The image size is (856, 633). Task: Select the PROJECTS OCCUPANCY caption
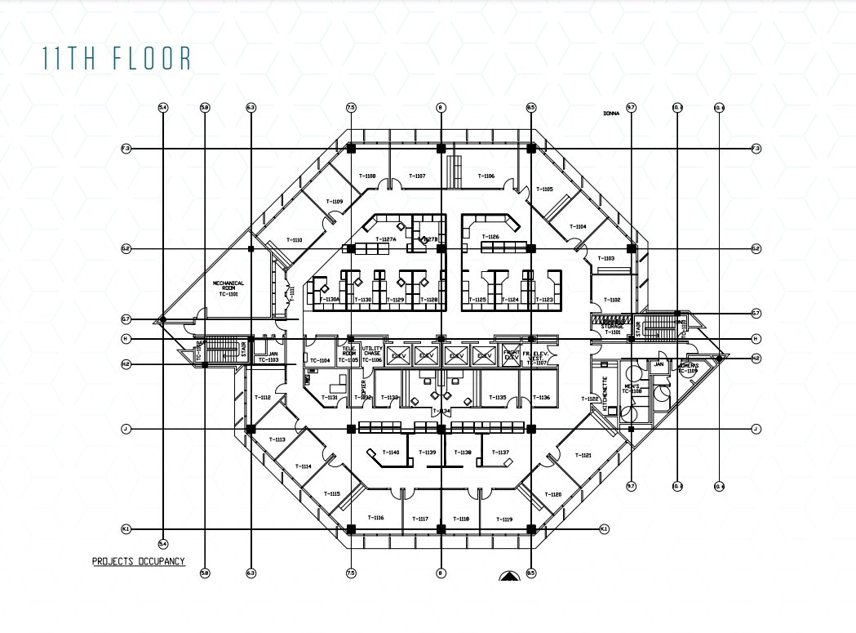pyautogui.click(x=138, y=561)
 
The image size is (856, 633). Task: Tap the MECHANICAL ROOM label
pyautogui.click(x=228, y=288)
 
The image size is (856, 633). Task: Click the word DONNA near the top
pyautogui.click(x=611, y=114)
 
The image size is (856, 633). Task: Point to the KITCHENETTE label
pyautogui.click(x=605, y=391)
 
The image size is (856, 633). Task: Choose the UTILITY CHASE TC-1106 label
pyautogui.click(x=372, y=354)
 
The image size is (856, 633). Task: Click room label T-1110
pyautogui.click(x=294, y=239)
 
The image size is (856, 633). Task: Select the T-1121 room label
pyautogui.click(x=583, y=455)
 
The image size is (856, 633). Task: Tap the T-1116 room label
pyautogui.click(x=375, y=518)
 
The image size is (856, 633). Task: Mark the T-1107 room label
pyautogui.click(x=417, y=176)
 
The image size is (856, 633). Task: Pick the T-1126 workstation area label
pyautogui.click(x=490, y=237)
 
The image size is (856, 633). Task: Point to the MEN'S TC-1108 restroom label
pyautogui.click(x=632, y=388)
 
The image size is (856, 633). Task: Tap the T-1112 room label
pyautogui.click(x=262, y=397)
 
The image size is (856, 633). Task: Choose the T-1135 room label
pyautogui.click(x=498, y=398)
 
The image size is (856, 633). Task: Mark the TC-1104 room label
pyautogui.click(x=320, y=360)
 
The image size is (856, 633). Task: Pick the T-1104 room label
pyautogui.click(x=578, y=226)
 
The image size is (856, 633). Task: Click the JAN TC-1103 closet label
pyautogui.click(x=268, y=357)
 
